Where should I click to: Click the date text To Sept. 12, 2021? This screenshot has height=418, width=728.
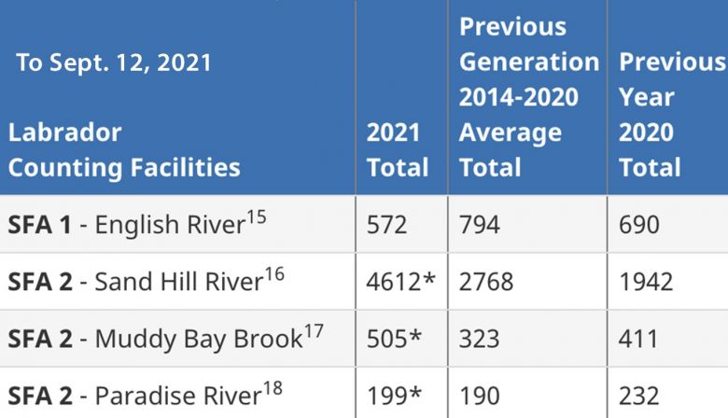(113, 63)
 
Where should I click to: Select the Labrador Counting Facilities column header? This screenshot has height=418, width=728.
(124, 150)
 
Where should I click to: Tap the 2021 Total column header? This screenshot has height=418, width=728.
(397, 150)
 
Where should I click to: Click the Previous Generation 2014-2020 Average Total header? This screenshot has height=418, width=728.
(528, 97)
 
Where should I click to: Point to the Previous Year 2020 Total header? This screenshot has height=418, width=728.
(670, 115)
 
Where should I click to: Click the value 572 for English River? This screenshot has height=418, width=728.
(387, 224)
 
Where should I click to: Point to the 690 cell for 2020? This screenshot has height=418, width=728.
(638, 224)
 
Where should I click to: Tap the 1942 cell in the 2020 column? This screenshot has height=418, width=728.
(645, 281)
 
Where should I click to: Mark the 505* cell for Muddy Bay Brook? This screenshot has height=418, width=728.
(394, 338)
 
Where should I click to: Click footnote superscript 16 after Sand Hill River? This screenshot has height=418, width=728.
(275, 272)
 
